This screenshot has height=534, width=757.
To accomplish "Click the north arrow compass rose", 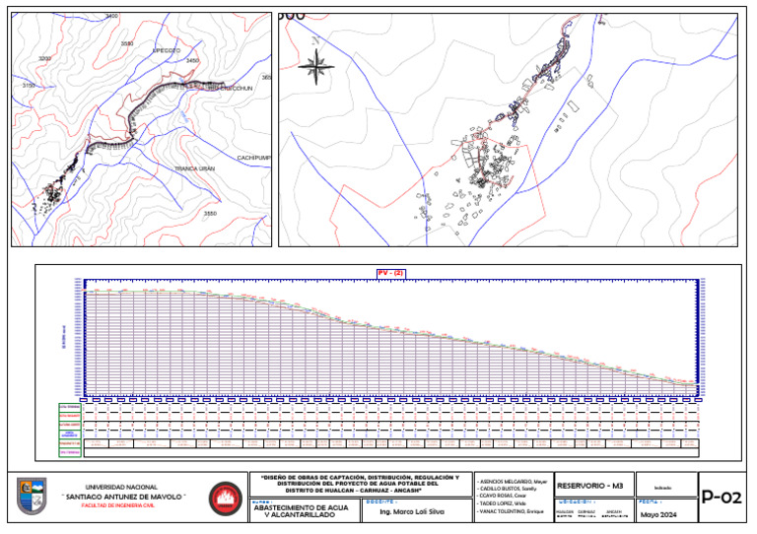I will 315,67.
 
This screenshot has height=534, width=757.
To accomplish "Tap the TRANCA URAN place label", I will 195,168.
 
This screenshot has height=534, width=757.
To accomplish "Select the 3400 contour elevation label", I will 110,18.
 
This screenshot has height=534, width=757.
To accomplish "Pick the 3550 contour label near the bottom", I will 209,213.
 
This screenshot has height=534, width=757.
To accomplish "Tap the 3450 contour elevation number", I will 192,61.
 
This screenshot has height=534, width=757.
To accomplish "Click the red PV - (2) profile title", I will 390,273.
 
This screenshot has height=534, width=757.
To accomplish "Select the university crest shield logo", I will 32,496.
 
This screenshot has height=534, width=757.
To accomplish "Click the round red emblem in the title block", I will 225,498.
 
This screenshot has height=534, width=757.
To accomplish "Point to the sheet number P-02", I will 721,498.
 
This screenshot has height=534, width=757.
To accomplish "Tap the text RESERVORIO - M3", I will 590,486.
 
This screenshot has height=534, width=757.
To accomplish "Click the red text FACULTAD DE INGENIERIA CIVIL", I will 121,505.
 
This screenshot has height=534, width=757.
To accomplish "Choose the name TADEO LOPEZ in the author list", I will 502,502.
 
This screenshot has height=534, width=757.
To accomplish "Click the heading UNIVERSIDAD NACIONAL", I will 121,488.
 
